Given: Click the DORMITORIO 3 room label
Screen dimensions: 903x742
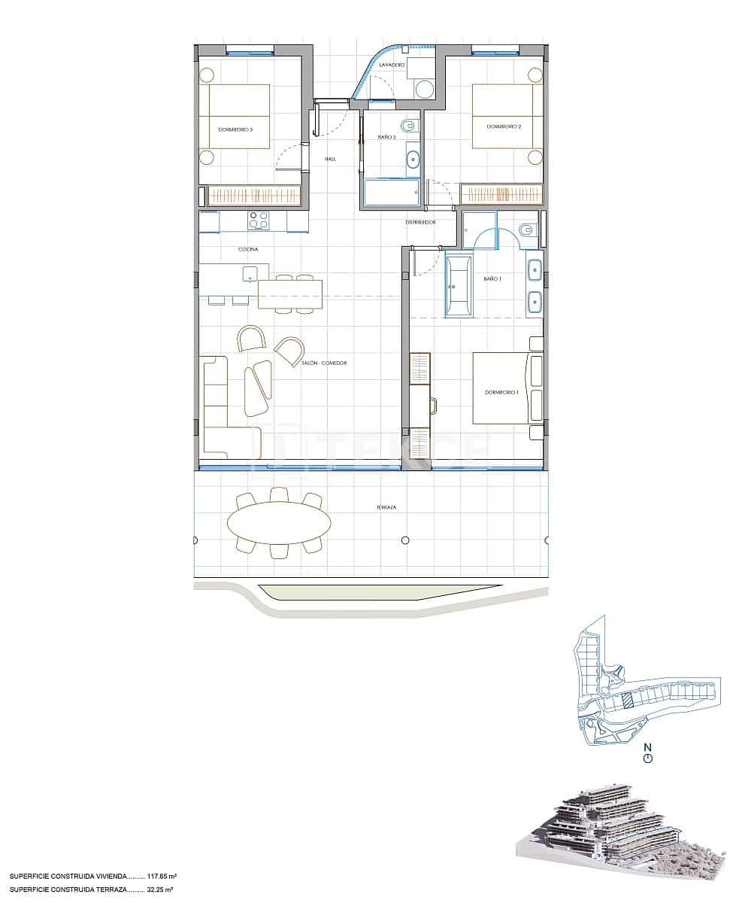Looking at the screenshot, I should tap(235, 129).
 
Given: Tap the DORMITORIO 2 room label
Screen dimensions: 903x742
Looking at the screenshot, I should tap(504, 126).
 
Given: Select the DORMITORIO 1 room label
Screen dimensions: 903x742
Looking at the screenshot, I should tap(501, 393).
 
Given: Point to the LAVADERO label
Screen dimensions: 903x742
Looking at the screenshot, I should tap(392, 65).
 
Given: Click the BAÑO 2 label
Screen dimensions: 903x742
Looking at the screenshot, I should tap(386, 137).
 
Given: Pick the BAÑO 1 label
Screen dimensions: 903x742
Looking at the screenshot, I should tap(492, 279).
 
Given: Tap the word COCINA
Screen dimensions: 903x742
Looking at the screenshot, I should tap(248, 249).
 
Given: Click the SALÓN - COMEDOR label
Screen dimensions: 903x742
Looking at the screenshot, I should tap(324, 363).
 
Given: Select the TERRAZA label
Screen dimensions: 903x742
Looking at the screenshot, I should tap(387, 507).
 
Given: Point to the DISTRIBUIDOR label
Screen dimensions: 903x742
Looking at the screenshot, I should tap(420, 223).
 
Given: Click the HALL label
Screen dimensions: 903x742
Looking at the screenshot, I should tap(330, 159).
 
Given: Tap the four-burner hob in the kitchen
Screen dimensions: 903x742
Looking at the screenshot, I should tap(259, 220).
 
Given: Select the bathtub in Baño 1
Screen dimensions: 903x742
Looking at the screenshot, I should tap(459, 287).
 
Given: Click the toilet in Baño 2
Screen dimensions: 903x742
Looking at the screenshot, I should tap(408, 125).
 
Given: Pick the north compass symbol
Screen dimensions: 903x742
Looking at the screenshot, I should tap(648, 757).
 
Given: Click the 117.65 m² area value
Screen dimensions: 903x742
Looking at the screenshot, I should tap(162, 877).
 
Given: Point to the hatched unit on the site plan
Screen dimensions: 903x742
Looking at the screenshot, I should tap(626, 701).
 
